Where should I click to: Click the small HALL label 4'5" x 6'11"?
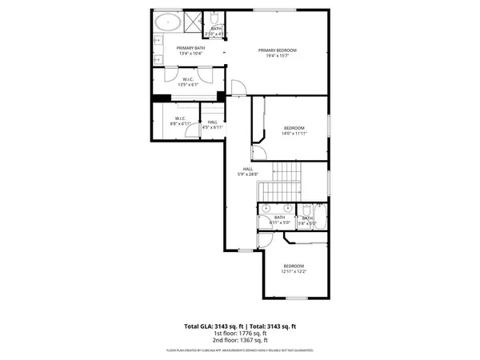212,124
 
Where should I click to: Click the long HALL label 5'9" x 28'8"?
248,171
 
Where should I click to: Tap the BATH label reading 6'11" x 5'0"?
280,219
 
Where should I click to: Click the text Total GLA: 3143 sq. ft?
214,326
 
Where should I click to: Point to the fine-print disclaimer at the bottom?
240,350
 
